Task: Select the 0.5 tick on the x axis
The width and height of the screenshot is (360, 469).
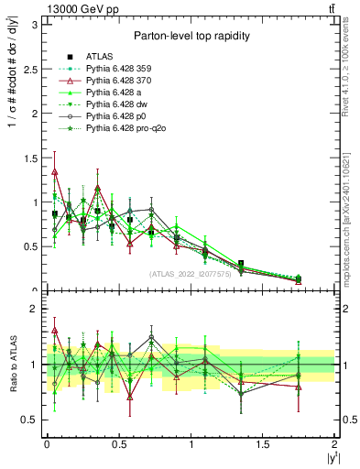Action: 118,444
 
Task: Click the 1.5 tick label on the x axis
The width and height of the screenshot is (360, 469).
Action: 263,444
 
